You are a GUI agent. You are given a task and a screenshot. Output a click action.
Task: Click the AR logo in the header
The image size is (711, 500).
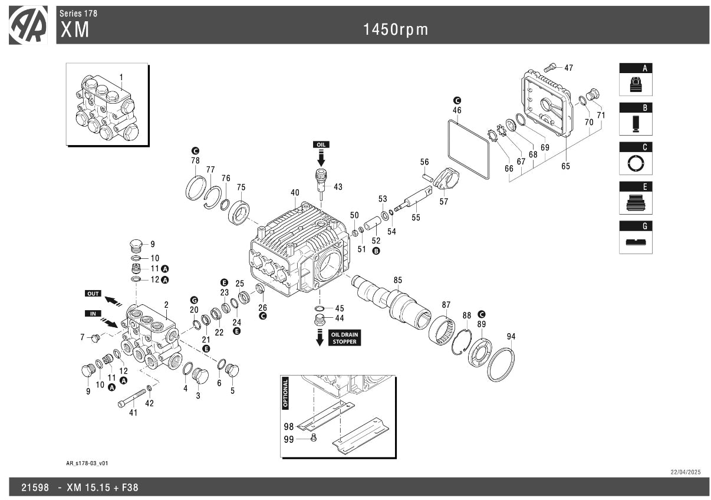point(28,25)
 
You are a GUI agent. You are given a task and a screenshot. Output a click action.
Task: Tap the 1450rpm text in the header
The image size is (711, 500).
point(395,29)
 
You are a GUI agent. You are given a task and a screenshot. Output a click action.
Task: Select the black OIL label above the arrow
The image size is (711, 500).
point(321,144)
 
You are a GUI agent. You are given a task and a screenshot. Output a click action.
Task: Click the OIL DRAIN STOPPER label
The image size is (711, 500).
point(344,338)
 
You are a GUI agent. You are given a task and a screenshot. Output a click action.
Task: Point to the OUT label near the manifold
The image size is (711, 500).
point(93,293)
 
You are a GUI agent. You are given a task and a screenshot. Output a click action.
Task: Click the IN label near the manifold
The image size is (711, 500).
point(93,313)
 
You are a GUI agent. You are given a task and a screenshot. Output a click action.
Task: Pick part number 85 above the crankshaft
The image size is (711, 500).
point(398,279)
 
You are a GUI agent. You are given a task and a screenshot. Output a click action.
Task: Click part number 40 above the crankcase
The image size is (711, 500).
point(295,192)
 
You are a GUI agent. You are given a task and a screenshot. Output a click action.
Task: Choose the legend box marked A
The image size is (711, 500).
point(636,80)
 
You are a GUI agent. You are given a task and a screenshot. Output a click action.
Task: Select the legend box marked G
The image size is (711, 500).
point(636,238)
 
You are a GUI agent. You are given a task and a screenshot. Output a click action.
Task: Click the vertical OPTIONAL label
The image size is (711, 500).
point(286,393)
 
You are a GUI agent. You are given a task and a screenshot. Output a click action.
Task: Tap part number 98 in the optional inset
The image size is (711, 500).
point(288,426)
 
